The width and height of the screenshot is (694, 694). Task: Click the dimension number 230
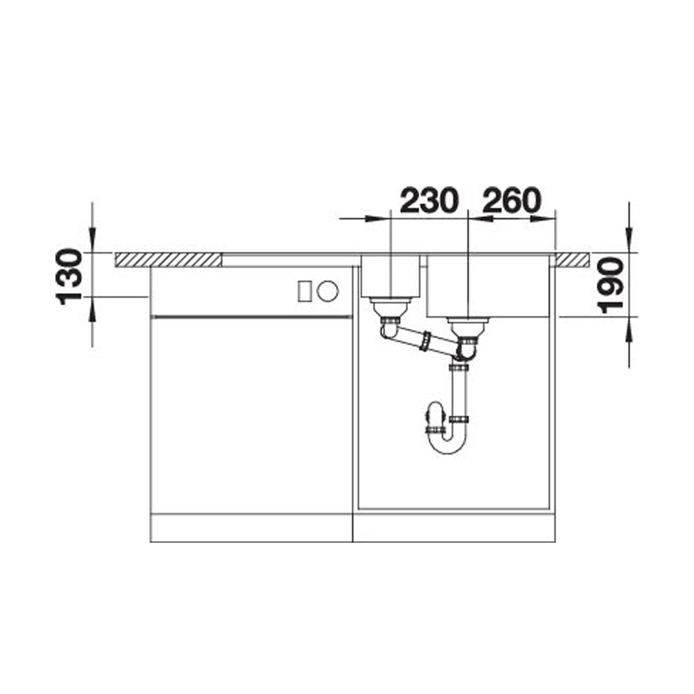point(427,200)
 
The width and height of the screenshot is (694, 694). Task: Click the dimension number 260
point(511,200)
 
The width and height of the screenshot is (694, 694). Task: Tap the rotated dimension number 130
point(69,276)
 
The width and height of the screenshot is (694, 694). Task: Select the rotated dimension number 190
point(610,286)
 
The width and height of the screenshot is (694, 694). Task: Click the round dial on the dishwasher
point(328,291)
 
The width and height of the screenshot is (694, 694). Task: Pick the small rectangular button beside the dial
point(304,291)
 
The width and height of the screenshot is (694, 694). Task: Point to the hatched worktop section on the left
point(168,260)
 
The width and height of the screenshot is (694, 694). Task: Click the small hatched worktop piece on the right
point(573,260)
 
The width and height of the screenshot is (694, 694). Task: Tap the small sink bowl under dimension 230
point(390,276)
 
